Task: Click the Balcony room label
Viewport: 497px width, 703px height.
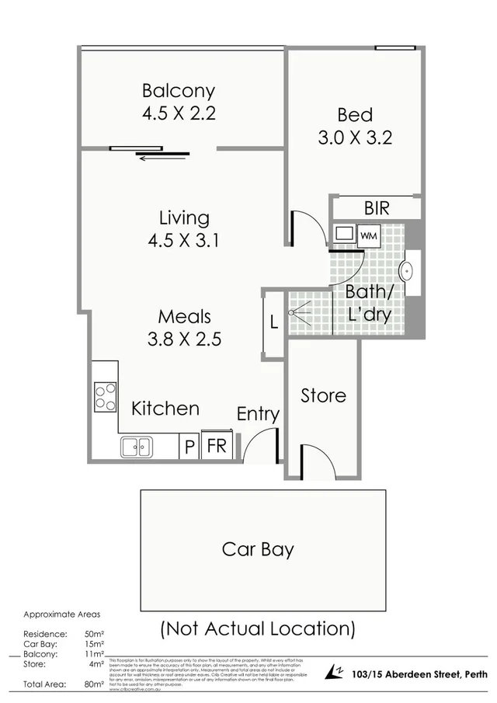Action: pos(178,91)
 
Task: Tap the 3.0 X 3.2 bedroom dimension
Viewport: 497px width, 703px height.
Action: pos(355,137)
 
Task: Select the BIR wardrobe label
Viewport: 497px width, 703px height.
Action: pos(376,208)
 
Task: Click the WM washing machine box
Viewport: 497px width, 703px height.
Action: pos(368,234)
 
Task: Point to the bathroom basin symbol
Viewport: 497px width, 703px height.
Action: pos(406,272)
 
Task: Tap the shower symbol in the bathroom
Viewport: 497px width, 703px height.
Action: pos(299,312)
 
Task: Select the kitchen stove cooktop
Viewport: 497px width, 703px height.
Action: pos(105,396)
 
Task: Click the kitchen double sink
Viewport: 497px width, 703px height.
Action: pos(137,447)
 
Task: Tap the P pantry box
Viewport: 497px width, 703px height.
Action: pos(188,447)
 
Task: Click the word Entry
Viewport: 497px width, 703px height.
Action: pos(258,414)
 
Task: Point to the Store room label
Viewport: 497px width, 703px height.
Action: pos(323,395)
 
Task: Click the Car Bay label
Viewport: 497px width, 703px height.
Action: pos(258,549)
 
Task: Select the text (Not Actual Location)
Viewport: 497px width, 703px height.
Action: pos(258,628)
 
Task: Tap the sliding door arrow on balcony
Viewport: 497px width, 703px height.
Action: pos(162,156)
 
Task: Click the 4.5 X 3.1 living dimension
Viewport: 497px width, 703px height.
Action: pos(184,240)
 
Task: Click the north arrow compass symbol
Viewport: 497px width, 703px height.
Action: pos(336,672)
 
